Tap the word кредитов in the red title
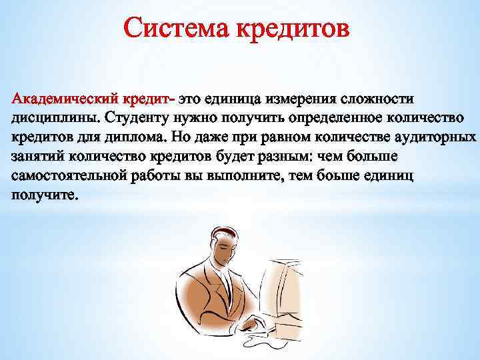pos(291,29)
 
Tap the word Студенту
pos(137,119)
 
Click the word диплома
pos(136,138)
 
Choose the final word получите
pos(45,196)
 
